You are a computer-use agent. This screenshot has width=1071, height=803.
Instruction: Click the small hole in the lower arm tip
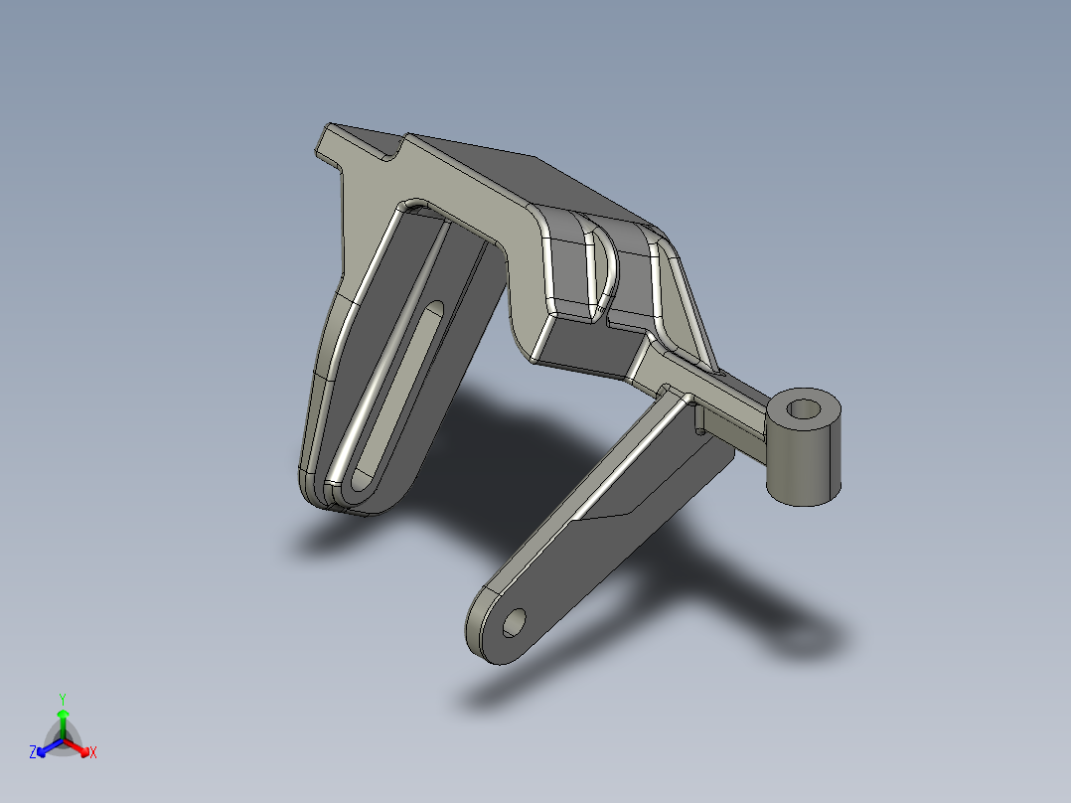[516, 623]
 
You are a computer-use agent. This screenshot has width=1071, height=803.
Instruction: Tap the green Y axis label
[62, 698]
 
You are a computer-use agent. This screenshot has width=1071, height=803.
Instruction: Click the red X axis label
[93, 753]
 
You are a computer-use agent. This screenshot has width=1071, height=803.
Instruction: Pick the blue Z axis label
[32, 753]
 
